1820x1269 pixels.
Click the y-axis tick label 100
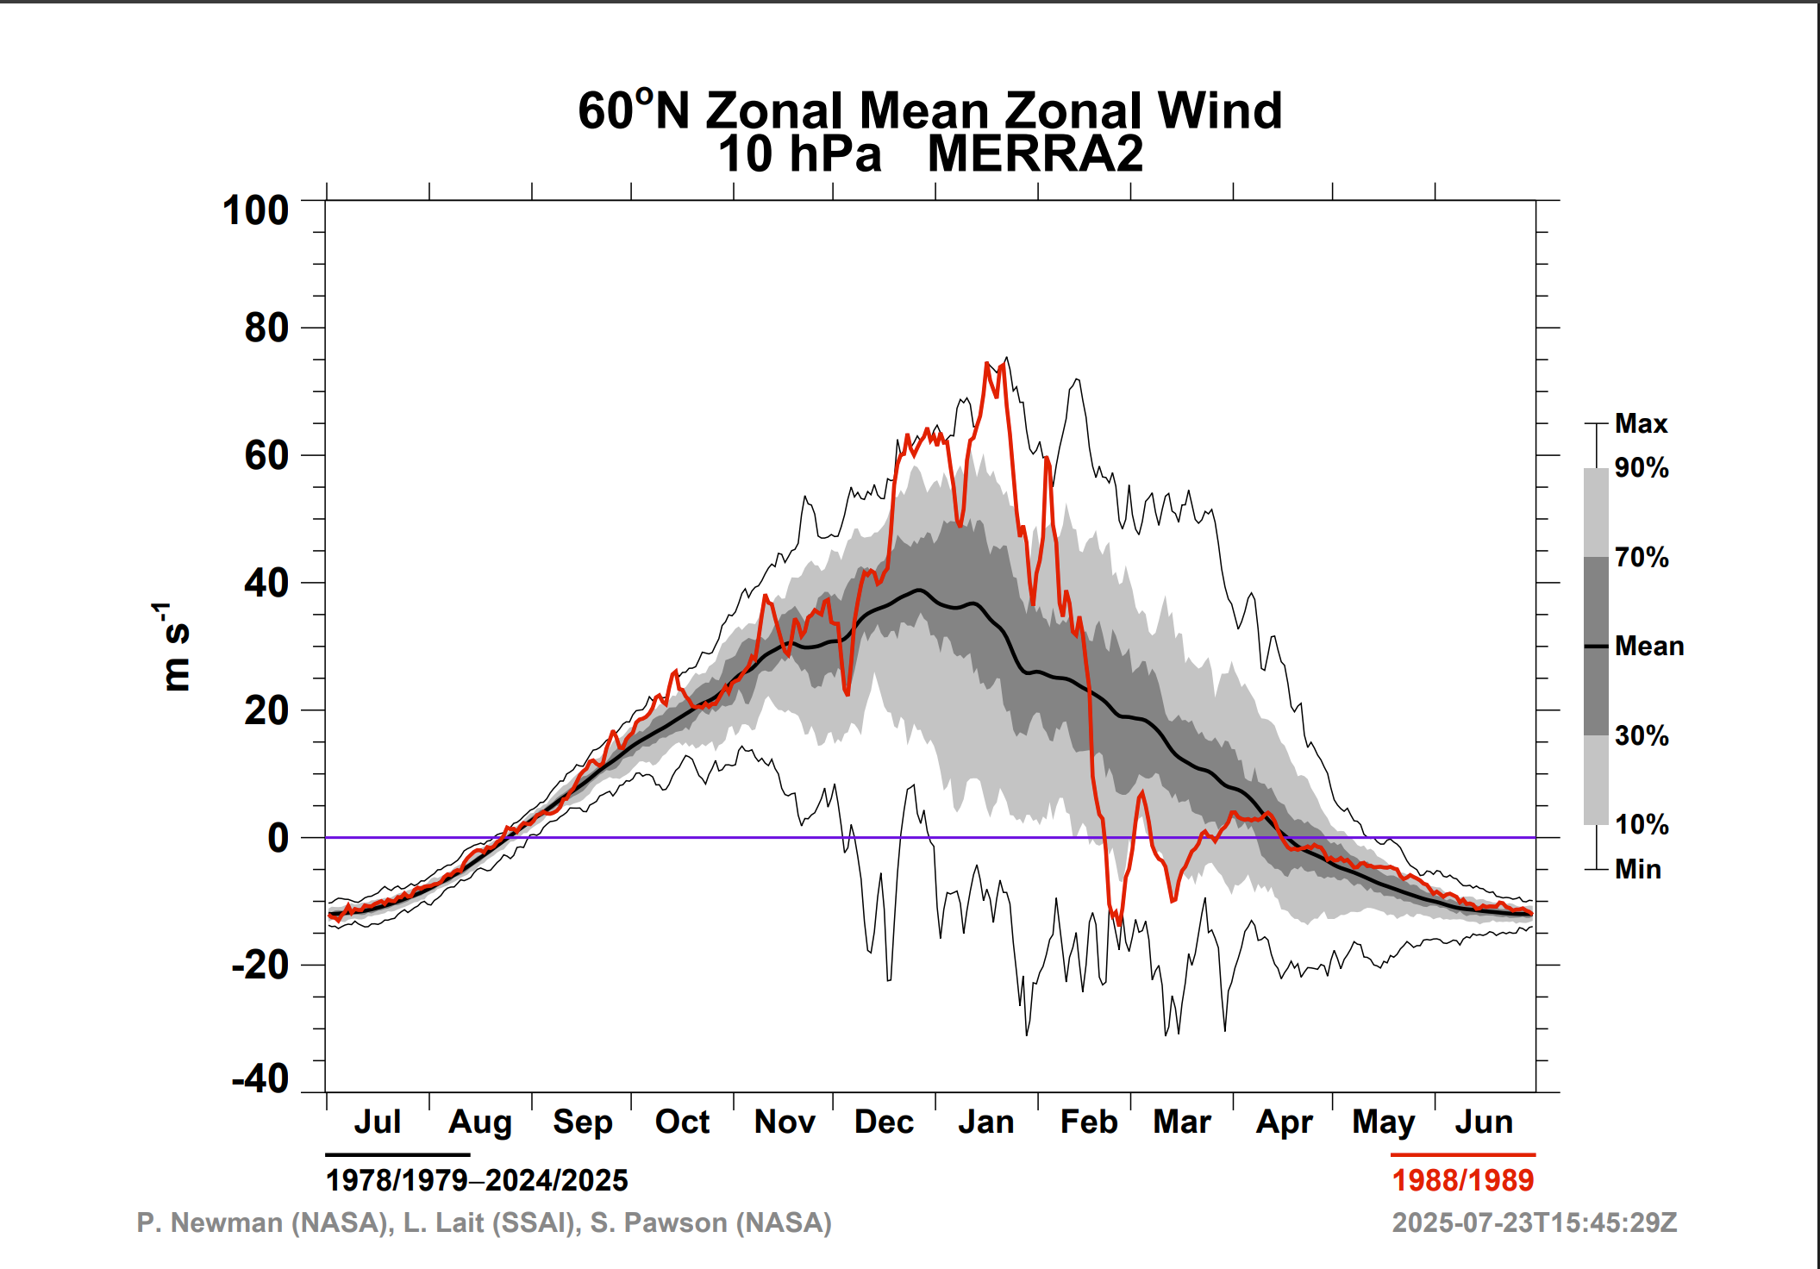tap(255, 211)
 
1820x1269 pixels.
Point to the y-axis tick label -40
tap(260, 1079)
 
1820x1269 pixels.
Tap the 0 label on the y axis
tap(278, 838)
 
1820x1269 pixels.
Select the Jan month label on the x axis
tap(985, 1122)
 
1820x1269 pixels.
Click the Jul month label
tap(377, 1122)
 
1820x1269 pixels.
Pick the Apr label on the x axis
tap(1284, 1122)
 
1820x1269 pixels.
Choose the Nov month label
tap(784, 1122)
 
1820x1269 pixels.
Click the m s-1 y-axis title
tap(175, 647)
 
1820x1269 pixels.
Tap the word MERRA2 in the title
tap(1035, 154)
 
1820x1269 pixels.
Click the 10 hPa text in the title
tap(799, 154)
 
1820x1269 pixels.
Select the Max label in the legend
tap(1641, 423)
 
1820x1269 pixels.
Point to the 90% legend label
tap(1641, 468)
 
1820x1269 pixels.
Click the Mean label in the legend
tap(1648, 646)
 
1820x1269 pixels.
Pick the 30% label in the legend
tap(1641, 735)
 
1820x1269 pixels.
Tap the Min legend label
tap(1637, 869)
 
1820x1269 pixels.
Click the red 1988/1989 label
tap(1462, 1180)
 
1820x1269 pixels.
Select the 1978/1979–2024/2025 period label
tap(477, 1180)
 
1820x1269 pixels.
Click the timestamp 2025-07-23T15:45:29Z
tap(1534, 1222)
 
